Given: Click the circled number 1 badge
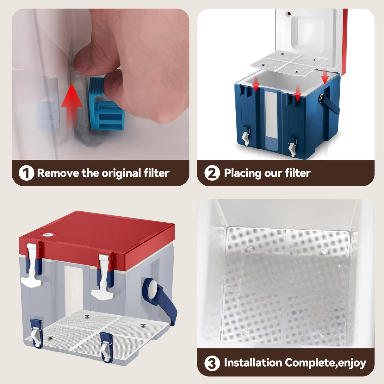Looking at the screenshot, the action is tap(26, 173).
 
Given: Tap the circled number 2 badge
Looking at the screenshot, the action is tap(212, 173).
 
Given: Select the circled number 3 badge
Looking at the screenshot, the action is tap(212, 363).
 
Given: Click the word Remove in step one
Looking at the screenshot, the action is tap(58, 173).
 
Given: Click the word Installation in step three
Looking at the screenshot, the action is tap(253, 362).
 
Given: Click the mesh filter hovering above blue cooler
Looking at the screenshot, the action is tap(288, 64).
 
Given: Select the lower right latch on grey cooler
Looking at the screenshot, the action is tap(106, 348).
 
